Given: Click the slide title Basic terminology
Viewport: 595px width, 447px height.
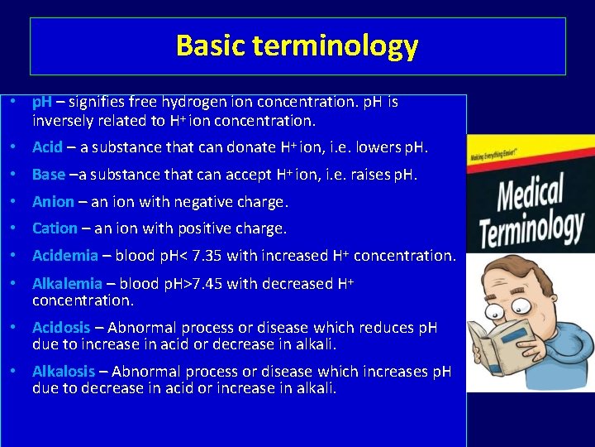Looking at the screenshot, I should coord(297,46).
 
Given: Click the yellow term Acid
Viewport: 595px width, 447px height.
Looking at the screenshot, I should coord(47,147).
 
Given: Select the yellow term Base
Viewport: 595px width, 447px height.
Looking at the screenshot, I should coord(48,175).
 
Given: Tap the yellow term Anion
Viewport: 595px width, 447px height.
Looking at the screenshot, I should coord(53,201).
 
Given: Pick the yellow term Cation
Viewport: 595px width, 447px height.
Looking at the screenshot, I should coord(55,228).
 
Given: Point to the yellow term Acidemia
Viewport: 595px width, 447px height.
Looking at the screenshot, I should coord(64,256).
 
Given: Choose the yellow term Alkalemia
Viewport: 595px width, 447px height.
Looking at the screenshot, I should coord(67,284).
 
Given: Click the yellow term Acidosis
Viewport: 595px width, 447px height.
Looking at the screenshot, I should coord(64,328).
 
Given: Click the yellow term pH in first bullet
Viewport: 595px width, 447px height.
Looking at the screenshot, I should coord(41,103).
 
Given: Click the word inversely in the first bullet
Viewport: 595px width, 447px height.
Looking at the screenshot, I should coord(63,120).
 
